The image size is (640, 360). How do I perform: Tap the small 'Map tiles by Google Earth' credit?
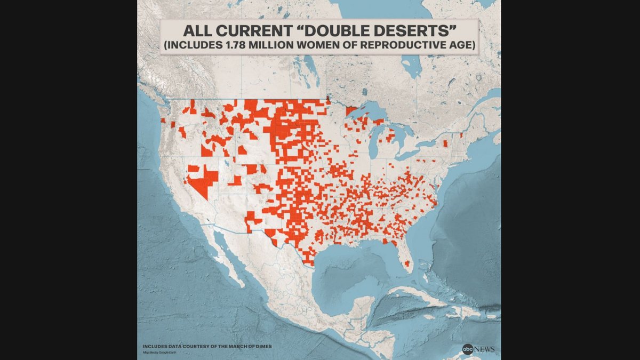point(158,352)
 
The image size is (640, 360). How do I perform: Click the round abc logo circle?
point(468,349)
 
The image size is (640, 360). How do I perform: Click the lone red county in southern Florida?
point(407,263)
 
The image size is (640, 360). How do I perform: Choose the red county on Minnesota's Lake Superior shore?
point(351,110)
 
